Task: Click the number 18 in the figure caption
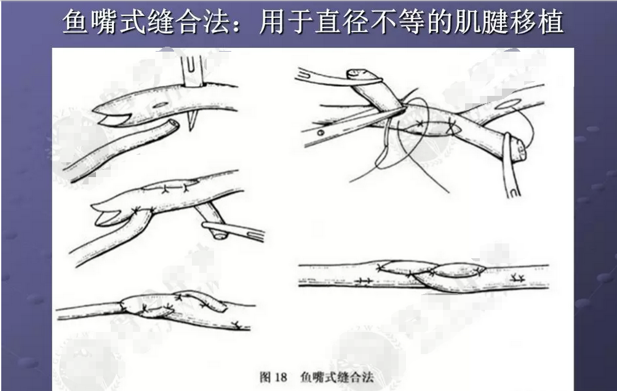(x=282, y=376)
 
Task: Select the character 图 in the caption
(x=265, y=376)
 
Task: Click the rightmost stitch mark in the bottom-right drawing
(x=517, y=278)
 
